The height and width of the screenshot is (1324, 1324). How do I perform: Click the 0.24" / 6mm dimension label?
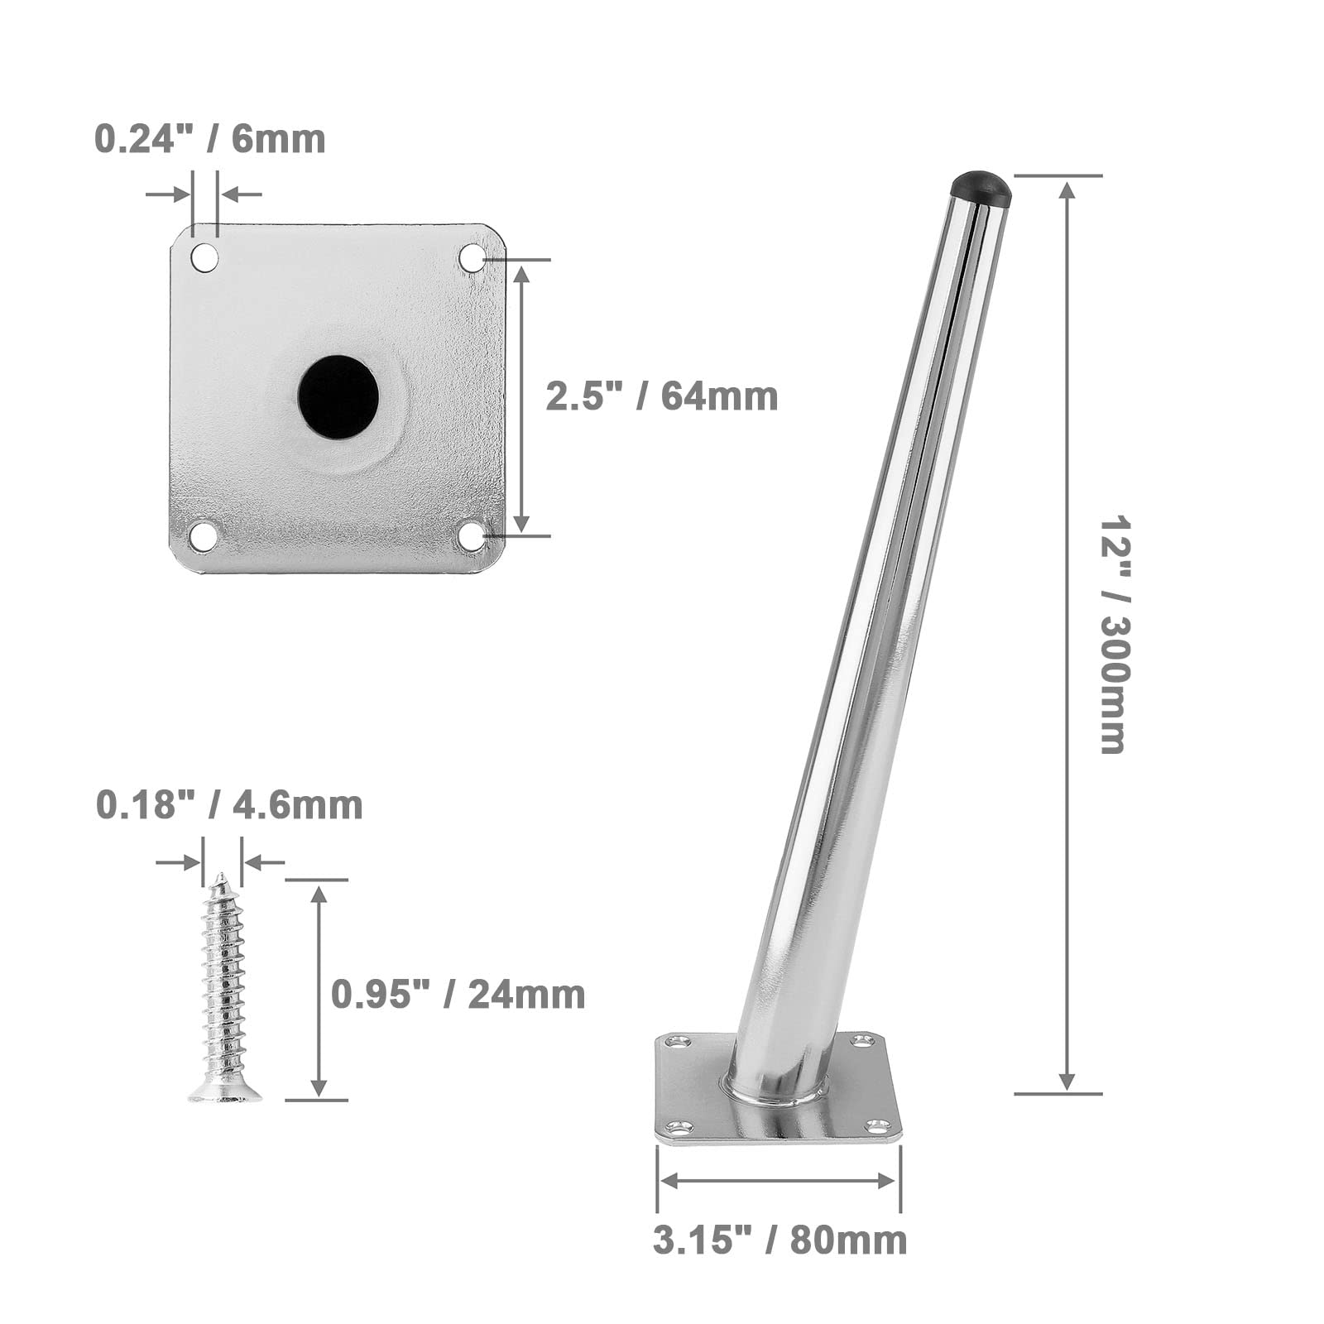coord(210,139)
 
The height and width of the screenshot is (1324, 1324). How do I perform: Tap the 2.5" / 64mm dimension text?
coord(662,396)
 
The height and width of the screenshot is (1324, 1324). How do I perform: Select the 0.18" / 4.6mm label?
coord(229,805)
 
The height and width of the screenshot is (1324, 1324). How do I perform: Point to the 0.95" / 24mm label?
coord(458,994)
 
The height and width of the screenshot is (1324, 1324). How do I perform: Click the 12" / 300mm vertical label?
coord(1113,636)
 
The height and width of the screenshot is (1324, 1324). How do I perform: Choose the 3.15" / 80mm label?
coord(780,1240)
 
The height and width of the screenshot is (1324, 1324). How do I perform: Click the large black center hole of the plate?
coord(338,397)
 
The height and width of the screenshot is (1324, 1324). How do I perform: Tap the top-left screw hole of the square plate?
coord(205,257)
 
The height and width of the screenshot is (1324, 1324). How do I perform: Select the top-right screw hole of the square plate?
coord(473,257)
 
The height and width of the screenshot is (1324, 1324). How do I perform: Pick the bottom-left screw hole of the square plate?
coord(204,535)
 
